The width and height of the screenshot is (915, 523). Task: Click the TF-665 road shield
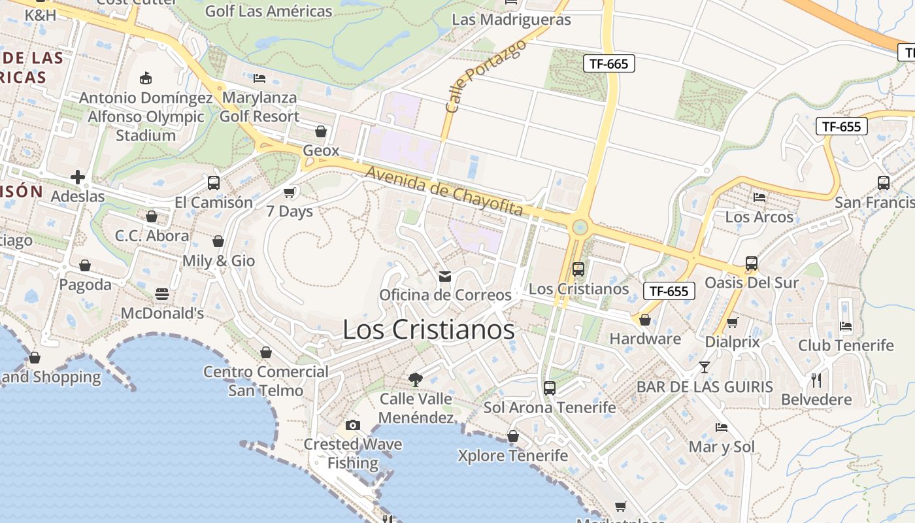[x=608, y=63]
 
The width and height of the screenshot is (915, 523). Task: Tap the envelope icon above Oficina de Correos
[x=445, y=277]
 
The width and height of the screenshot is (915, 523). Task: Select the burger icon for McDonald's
[x=162, y=294]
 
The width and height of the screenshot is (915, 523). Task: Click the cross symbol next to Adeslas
[x=78, y=177]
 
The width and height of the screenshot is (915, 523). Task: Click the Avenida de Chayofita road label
[x=444, y=191]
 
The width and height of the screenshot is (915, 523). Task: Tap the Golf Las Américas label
[x=269, y=11]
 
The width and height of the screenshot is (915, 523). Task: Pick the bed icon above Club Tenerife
[x=846, y=326]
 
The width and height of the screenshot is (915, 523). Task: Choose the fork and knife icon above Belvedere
[x=816, y=380]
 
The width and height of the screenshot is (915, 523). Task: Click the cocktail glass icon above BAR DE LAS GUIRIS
[x=704, y=367]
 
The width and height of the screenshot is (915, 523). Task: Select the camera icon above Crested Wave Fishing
[x=353, y=425]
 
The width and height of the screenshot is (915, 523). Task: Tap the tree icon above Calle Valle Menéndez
[x=415, y=379]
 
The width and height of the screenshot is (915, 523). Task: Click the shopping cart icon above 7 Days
[x=289, y=192]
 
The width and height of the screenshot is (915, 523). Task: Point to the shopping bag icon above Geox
[x=321, y=131]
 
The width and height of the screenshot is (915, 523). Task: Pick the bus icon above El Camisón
[x=213, y=183]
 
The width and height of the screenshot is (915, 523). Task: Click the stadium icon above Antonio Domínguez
[x=146, y=78]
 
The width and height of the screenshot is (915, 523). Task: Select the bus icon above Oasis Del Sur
[x=752, y=263]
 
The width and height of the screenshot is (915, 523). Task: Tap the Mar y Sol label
[x=722, y=447]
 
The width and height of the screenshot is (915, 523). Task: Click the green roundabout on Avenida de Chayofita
[x=579, y=228]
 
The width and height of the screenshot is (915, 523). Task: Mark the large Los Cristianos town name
[x=429, y=330]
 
